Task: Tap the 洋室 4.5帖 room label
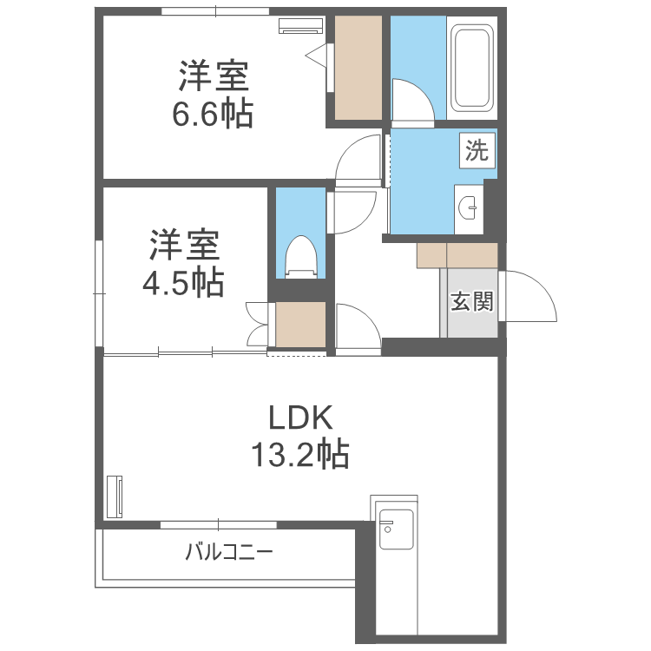point(184,263)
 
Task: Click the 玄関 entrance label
point(471,302)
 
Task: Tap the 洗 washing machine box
point(477,151)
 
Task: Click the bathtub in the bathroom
point(472,69)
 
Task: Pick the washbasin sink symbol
point(470,207)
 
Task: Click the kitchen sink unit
point(396,528)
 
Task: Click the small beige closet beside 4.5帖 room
point(300,325)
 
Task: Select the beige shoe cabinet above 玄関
point(457,254)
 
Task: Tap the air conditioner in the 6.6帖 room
point(299,24)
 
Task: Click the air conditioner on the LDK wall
point(115,496)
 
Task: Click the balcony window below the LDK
point(218,524)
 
